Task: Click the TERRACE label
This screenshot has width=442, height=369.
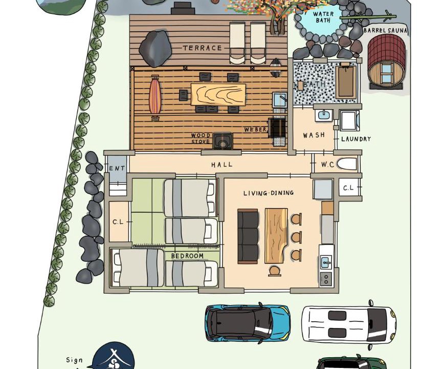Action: click(x=203, y=48)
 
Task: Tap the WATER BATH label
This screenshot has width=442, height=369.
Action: click(x=323, y=17)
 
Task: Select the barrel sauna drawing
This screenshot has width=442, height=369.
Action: click(x=386, y=62)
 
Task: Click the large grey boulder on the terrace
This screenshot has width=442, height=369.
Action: click(x=156, y=49)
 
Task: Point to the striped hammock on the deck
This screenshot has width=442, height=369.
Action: click(x=156, y=97)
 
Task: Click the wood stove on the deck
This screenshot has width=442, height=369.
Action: click(x=223, y=140)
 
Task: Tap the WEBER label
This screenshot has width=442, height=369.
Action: click(x=255, y=130)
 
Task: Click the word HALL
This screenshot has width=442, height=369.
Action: click(x=222, y=165)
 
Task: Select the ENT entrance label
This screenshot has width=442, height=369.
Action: click(x=117, y=169)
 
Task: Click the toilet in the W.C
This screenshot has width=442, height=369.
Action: click(x=347, y=164)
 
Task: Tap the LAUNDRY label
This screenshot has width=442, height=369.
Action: click(x=356, y=139)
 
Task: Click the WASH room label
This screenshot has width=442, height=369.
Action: click(x=314, y=135)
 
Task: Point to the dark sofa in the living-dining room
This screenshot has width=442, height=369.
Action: click(x=248, y=236)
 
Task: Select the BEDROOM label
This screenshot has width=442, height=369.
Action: click(x=187, y=256)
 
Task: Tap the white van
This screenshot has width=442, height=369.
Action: click(x=349, y=323)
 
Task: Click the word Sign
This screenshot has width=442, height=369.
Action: click(x=74, y=360)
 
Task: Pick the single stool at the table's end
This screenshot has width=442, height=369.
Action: click(x=275, y=271)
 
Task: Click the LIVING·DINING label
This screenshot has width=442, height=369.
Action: click(x=269, y=193)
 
